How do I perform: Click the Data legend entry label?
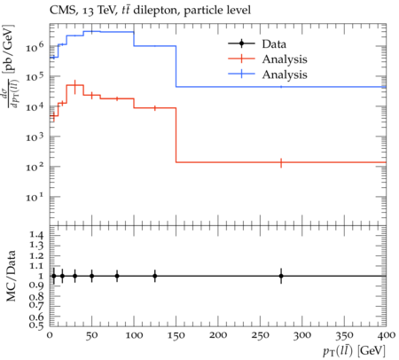[274, 44]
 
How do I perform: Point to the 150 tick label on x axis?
[176, 336]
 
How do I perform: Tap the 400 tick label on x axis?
[387, 336]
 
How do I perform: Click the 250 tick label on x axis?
[261, 336]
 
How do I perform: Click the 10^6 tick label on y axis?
[35, 46]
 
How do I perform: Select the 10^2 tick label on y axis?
[35, 167]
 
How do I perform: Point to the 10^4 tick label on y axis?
[35, 106]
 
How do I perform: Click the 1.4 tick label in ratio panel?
[36, 236]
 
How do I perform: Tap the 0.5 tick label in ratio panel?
[36, 325]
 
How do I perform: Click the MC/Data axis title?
[11, 276]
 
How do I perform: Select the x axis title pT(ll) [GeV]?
[354, 351]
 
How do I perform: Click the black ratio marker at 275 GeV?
[281, 276]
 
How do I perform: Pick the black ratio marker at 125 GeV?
[155, 276]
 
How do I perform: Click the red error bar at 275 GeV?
[281, 162]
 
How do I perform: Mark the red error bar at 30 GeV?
[75, 87]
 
